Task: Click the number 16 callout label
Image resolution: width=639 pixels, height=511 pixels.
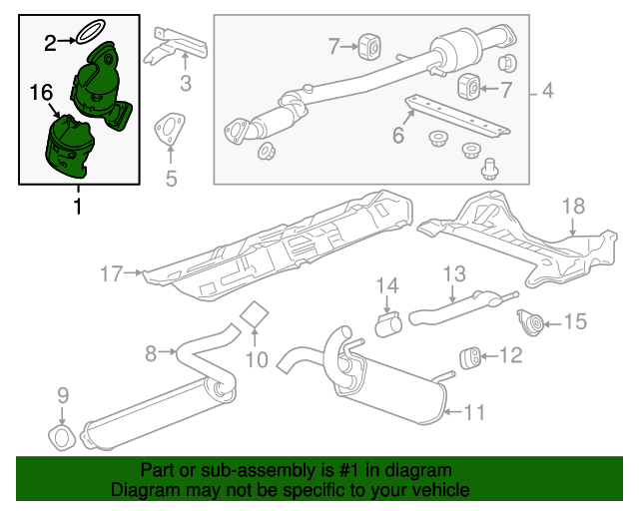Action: [x=41, y=92]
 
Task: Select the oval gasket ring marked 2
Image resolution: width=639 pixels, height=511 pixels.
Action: [x=94, y=32]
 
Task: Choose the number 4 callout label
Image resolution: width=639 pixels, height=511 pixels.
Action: [x=547, y=93]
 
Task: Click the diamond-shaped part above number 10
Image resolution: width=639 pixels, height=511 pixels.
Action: [x=256, y=314]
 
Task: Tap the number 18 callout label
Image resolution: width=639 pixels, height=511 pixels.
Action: [x=572, y=207]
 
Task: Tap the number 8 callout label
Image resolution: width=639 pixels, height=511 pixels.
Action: [x=152, y=351]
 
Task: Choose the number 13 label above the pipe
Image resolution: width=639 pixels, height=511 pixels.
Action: [x=454, y=272]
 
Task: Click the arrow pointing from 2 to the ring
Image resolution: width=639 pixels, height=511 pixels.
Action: [x=68, y=40]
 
